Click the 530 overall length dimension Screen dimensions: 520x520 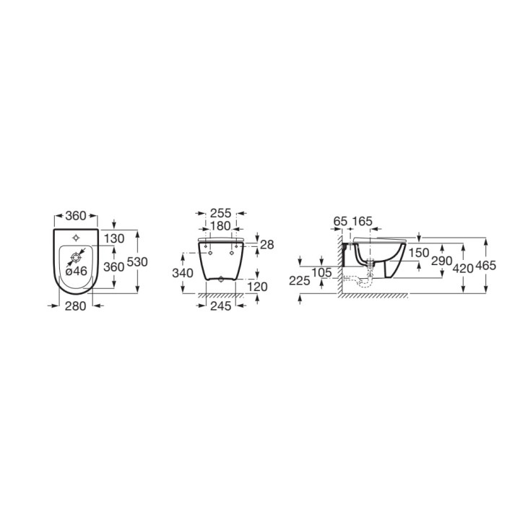coord(137,262)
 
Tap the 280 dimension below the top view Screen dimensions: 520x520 coord(76,305)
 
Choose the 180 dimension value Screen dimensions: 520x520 coord(220,226)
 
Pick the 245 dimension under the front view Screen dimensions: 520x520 coord(220,305)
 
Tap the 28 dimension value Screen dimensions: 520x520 coord(266,246)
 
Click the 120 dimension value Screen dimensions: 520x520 coord(257,287)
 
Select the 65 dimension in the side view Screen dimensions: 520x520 coord(341,220)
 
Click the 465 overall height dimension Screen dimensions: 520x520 coord(486,266)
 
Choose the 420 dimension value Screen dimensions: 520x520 coord(462,268)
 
